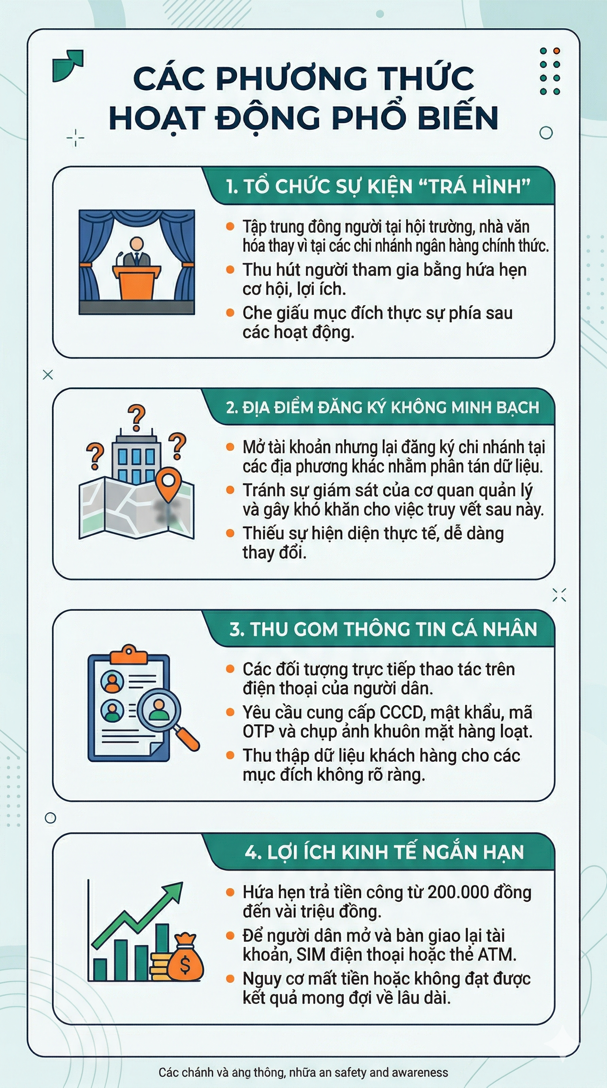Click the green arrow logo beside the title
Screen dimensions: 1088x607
68,65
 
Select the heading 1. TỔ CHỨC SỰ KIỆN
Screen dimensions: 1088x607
378,186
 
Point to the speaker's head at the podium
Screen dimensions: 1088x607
136,244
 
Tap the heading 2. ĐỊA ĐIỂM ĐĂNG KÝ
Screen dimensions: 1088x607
382,408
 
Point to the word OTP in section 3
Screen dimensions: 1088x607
258,731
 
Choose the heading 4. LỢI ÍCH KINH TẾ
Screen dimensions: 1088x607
384,852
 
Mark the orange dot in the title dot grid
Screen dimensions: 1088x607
556,51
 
